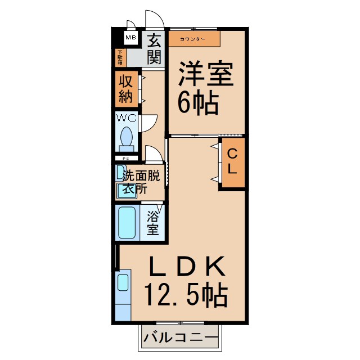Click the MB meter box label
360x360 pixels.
click(x=130, y=38)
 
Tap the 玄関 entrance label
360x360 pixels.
click(x=155, y=48)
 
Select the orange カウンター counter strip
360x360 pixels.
click(x=193, y=39)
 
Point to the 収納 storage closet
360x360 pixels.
click(x=126, y=89)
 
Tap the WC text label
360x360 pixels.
click(x=126, y=118)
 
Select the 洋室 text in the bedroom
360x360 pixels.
click(x=205, y=75)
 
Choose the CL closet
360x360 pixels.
click(x=232, y=161)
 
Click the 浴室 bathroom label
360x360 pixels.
click(x=152, y=223)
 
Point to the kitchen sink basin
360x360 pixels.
click(x=123, y=281)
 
